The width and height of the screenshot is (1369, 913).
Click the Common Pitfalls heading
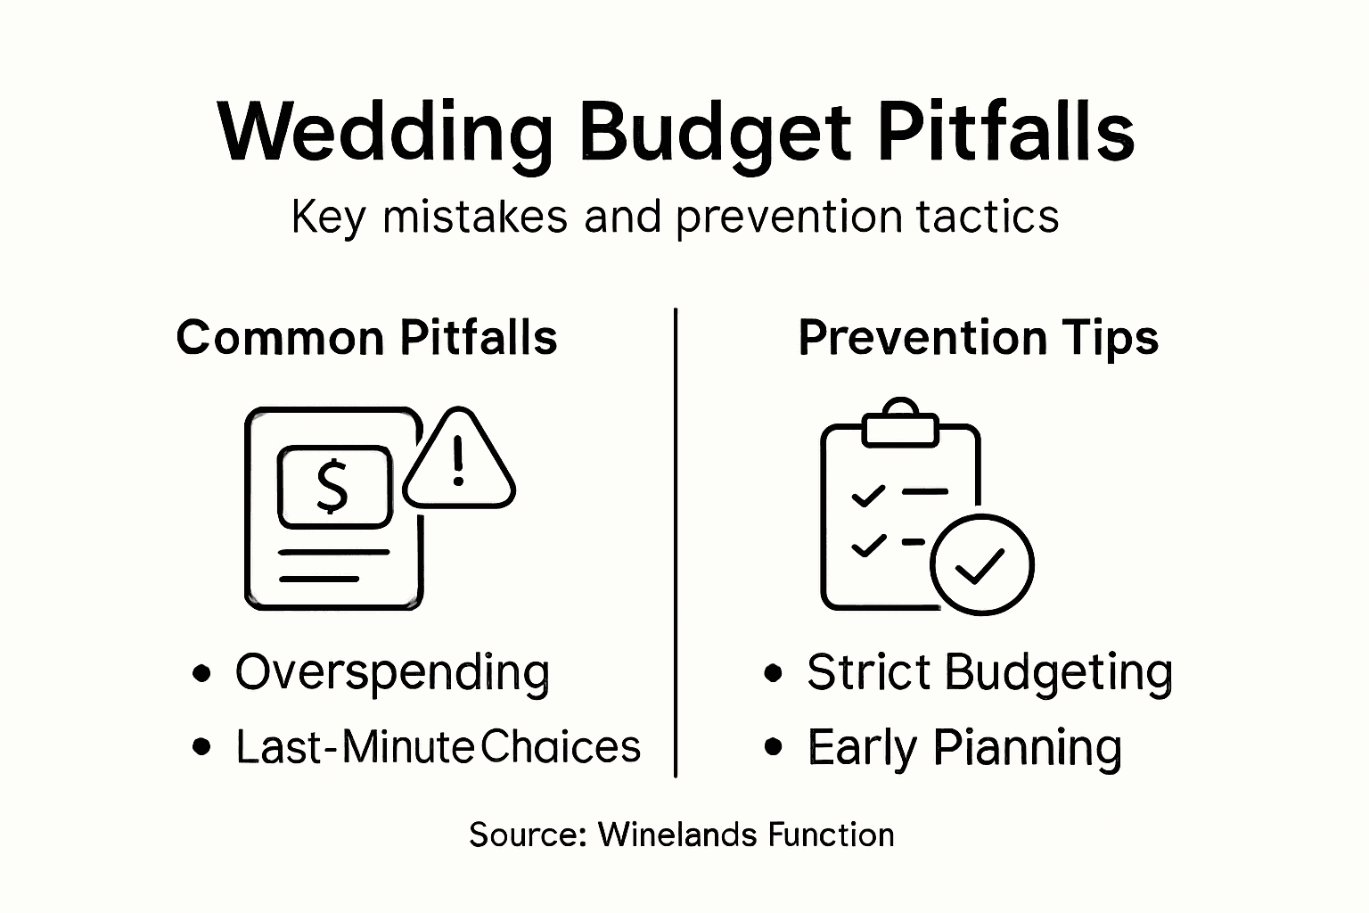(366, 338)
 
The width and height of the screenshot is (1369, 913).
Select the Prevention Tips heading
(978, 338)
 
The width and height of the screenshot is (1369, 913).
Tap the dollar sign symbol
(333, 487)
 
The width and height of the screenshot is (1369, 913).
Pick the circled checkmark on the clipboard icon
(981, 563)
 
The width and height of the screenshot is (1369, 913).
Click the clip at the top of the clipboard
(900, 425)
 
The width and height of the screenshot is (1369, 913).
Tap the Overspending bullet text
(392, 673)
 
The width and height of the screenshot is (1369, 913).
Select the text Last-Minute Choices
(438, 747)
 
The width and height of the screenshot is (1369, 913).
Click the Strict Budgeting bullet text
(989, 673)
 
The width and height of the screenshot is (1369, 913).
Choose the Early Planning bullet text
(964, 747)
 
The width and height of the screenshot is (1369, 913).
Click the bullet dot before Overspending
(202, 673)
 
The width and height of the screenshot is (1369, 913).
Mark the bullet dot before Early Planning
(774, 747)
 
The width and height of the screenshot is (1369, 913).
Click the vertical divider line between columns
(676, 544)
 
